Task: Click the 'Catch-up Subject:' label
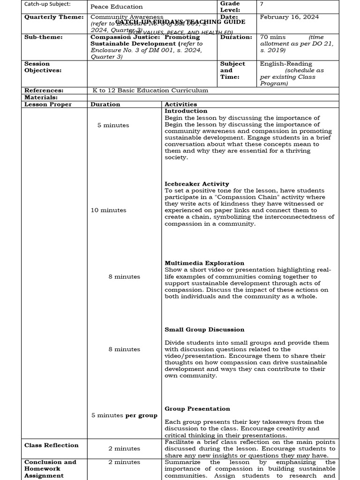click(47, 4)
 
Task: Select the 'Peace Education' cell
click(117, 7)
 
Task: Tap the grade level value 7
click(262, 4)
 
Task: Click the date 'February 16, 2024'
click(289, 17)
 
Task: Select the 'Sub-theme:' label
click(43, 37)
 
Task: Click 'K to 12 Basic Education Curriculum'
click(150, 90)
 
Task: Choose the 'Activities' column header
click(181, 104)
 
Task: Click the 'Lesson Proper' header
click(48, 104)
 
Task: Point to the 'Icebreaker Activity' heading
click(197, 184)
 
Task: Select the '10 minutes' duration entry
click(108, 210)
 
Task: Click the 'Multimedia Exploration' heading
click(204, 263)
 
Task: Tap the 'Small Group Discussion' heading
click(204, 330)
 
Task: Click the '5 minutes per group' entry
click(124, 415)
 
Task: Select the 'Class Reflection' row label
click(52, 445)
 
